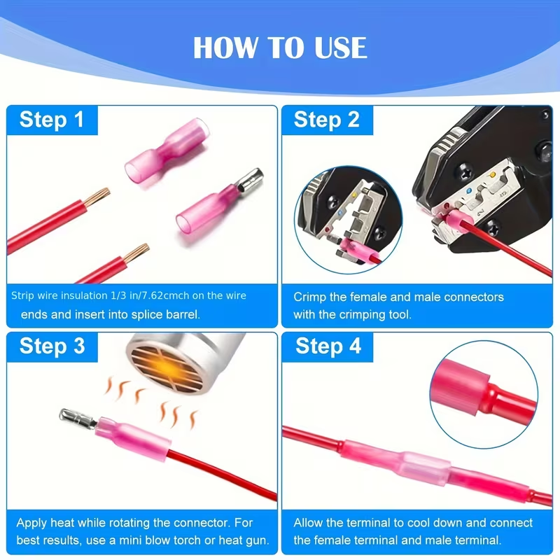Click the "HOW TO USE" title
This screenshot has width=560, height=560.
280,48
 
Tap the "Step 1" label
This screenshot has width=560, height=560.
52,119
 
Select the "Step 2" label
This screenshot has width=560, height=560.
327,119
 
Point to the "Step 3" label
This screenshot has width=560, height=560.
52,346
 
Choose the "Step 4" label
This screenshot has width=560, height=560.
328,346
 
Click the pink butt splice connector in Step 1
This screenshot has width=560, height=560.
167,152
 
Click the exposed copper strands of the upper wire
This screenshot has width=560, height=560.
97,197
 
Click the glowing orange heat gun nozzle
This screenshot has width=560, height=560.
168,369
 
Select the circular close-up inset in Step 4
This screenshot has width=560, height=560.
484,394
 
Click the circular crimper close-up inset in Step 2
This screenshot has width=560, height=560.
348,220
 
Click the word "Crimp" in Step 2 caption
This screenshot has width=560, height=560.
309,297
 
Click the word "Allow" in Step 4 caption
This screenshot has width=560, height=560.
308,522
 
